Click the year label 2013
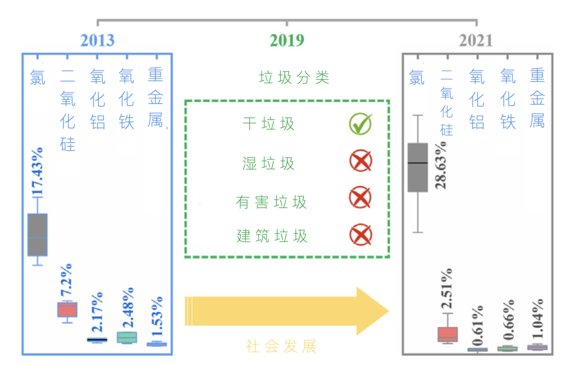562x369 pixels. [x=97, y=41]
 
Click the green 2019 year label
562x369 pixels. [x=287, y=41]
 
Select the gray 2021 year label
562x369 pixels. [x=476, y=41]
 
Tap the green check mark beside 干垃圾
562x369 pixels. [x=360, y=124]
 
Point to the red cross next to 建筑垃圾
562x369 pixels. [x=360, y=235]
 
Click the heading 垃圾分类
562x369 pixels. [x=294, y=78]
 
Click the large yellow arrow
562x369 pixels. [x=286, y=311]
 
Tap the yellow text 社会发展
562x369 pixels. [x=282, y=347]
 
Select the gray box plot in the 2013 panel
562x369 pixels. [x=37, y=235]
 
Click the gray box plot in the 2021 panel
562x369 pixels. [x=417, y=168]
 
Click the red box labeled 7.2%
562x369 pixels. [x=67, y=309]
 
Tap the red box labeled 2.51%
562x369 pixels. [x=448, y=334]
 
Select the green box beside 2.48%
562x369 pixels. [x=126, y=337]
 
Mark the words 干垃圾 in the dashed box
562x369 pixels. [x=269, y=124]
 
